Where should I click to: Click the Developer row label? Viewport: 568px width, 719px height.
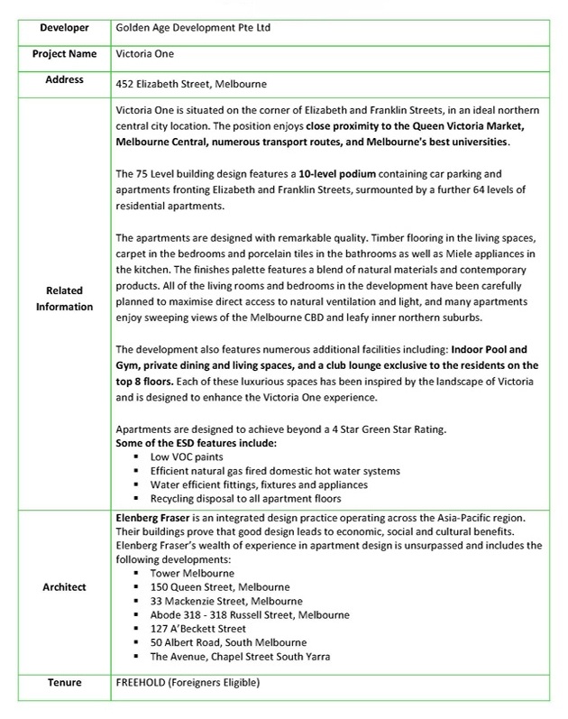coord(58,27)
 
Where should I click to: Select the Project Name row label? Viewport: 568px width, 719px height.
coord(58,53)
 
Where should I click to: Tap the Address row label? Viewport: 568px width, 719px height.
coord(58,80)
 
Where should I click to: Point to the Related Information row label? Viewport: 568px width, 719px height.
coord(58,299)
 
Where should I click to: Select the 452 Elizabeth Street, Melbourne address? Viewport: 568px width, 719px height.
coord(191,85)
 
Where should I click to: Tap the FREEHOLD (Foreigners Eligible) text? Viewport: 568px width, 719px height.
coord(188,683)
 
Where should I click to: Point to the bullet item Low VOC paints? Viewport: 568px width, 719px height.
coord(188,457)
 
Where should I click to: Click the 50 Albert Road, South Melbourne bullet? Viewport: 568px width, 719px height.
coord(226,642)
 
